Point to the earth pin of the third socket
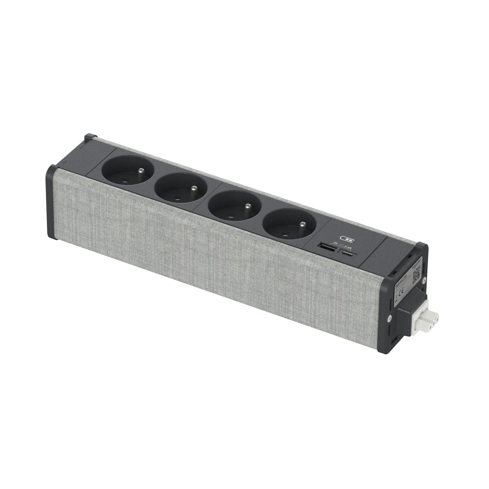(x=247, y=207)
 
